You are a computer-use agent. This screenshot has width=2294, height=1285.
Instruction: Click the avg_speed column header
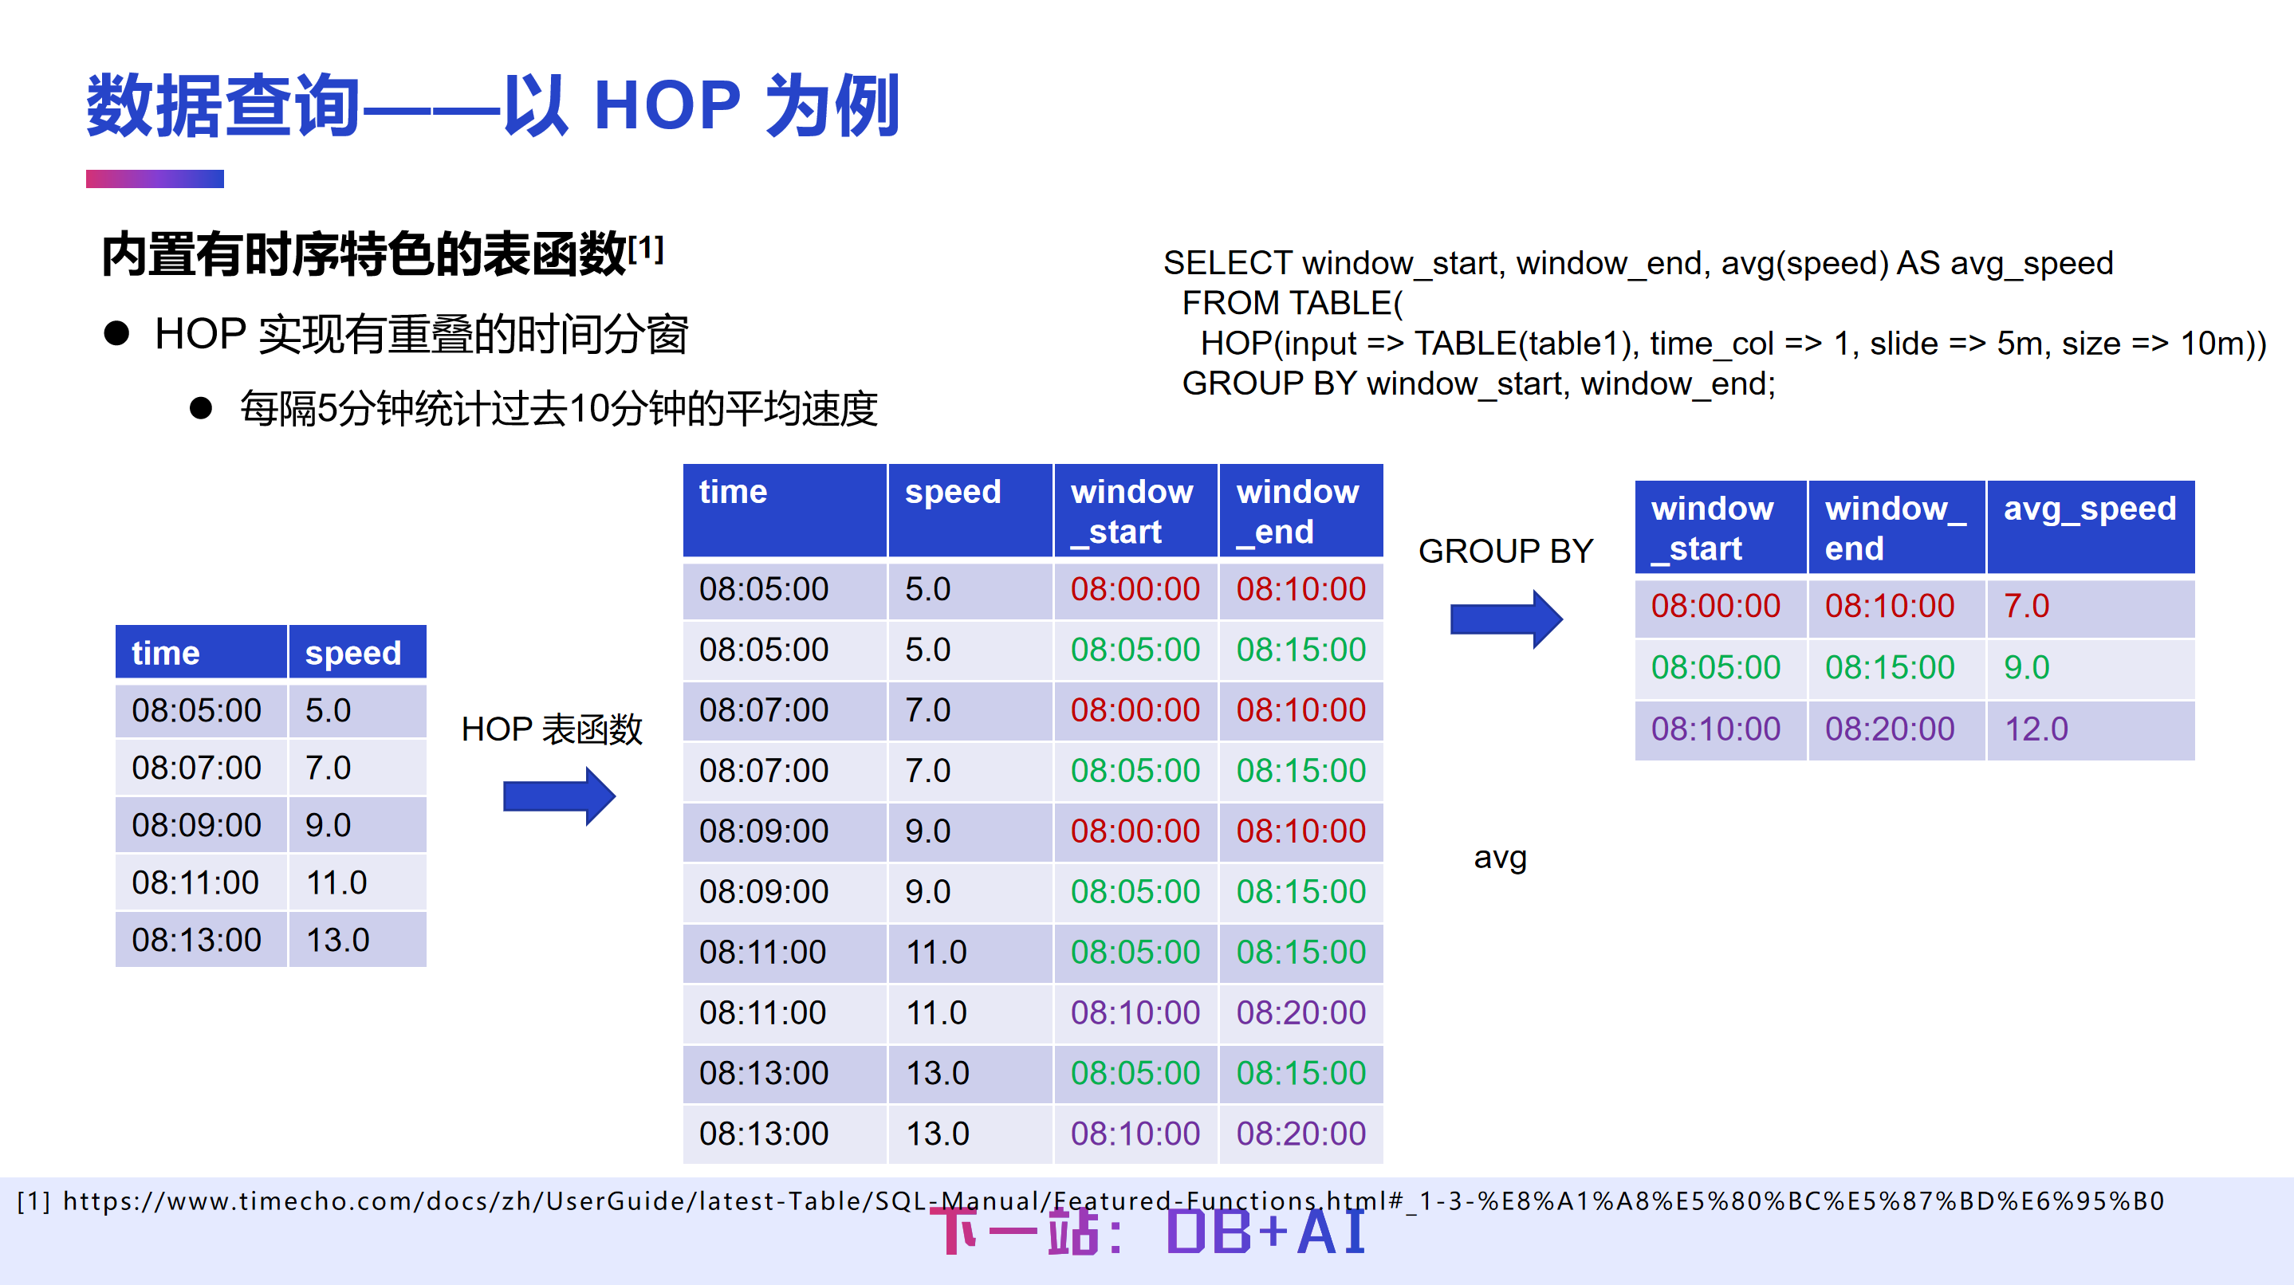(x=2088, y=509)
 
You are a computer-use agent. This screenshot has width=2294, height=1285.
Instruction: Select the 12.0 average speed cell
(x=2036, y=729)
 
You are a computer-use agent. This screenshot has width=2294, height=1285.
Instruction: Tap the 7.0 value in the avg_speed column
(x=2026, y=607)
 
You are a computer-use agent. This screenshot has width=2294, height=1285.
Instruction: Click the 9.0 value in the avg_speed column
(x=2026, y=668)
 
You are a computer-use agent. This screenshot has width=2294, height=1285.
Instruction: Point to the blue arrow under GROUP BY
(x=1505, y=619)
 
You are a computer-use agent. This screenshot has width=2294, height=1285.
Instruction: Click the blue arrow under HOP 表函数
(x=558, y=796)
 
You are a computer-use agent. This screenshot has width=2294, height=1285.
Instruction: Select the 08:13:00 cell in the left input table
(x=197, y=941)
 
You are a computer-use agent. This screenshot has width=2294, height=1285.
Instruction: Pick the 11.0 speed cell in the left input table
(x=336, y=883)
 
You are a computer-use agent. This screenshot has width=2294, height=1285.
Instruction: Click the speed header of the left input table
(x=352, y=654)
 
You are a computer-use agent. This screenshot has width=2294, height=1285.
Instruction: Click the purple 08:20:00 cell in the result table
(x=1889, y=729)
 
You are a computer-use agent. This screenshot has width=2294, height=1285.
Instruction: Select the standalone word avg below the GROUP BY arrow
(x=1500, y=858)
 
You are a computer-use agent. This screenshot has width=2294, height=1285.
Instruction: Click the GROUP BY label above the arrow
(x=1505, y=551)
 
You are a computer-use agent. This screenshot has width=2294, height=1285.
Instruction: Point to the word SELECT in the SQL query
(x=1226, y=264)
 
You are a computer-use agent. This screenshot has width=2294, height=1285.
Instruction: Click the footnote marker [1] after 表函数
(x=646, y=248)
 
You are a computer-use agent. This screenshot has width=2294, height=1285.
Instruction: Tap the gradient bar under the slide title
(x=154, y=179)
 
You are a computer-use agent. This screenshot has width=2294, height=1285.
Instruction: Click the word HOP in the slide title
(x=666, y=107)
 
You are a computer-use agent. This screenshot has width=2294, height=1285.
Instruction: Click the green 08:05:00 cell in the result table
(x=1715, y=668)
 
